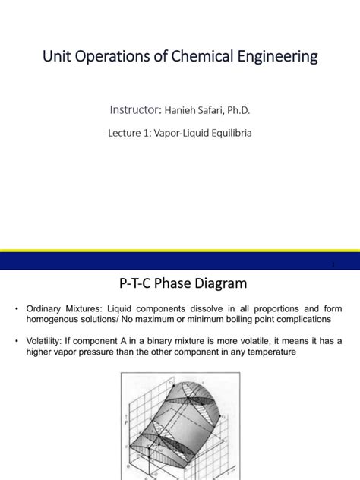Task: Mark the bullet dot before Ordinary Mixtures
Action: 18,309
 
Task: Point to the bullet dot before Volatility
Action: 18,341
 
